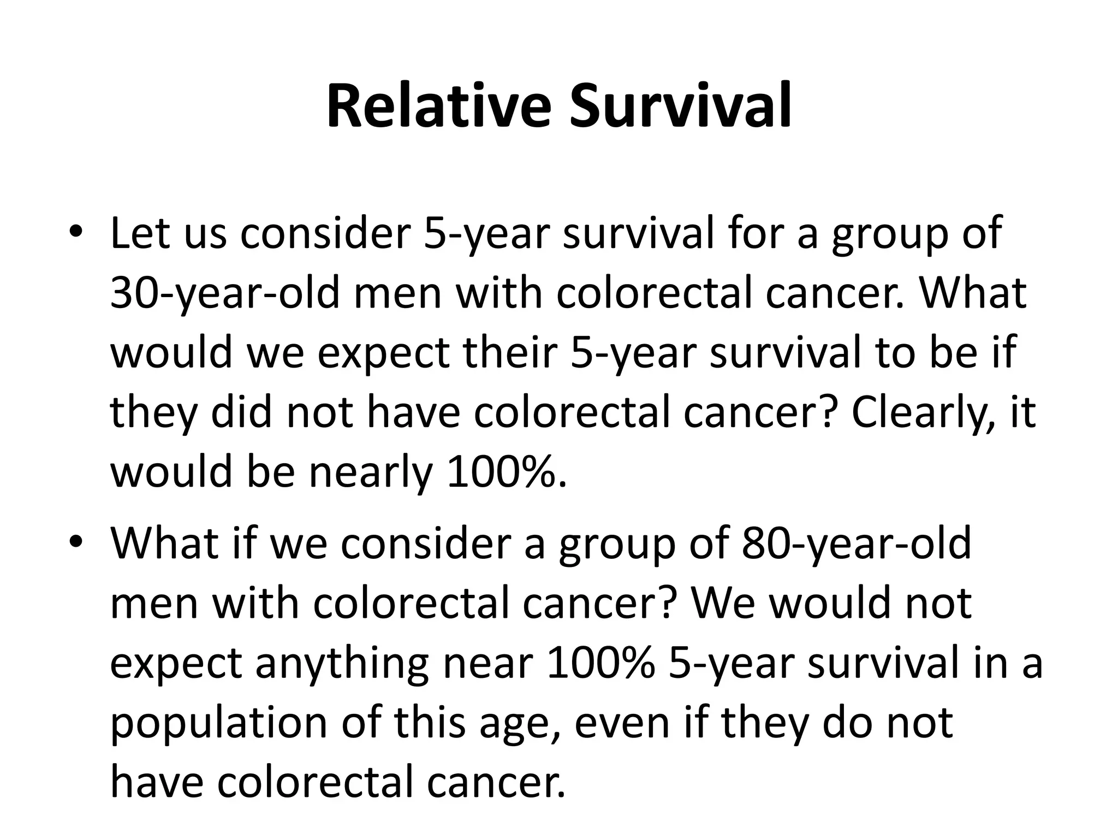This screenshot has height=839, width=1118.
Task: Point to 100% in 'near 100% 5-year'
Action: coord(600,663)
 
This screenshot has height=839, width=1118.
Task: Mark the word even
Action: coord(622,722)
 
